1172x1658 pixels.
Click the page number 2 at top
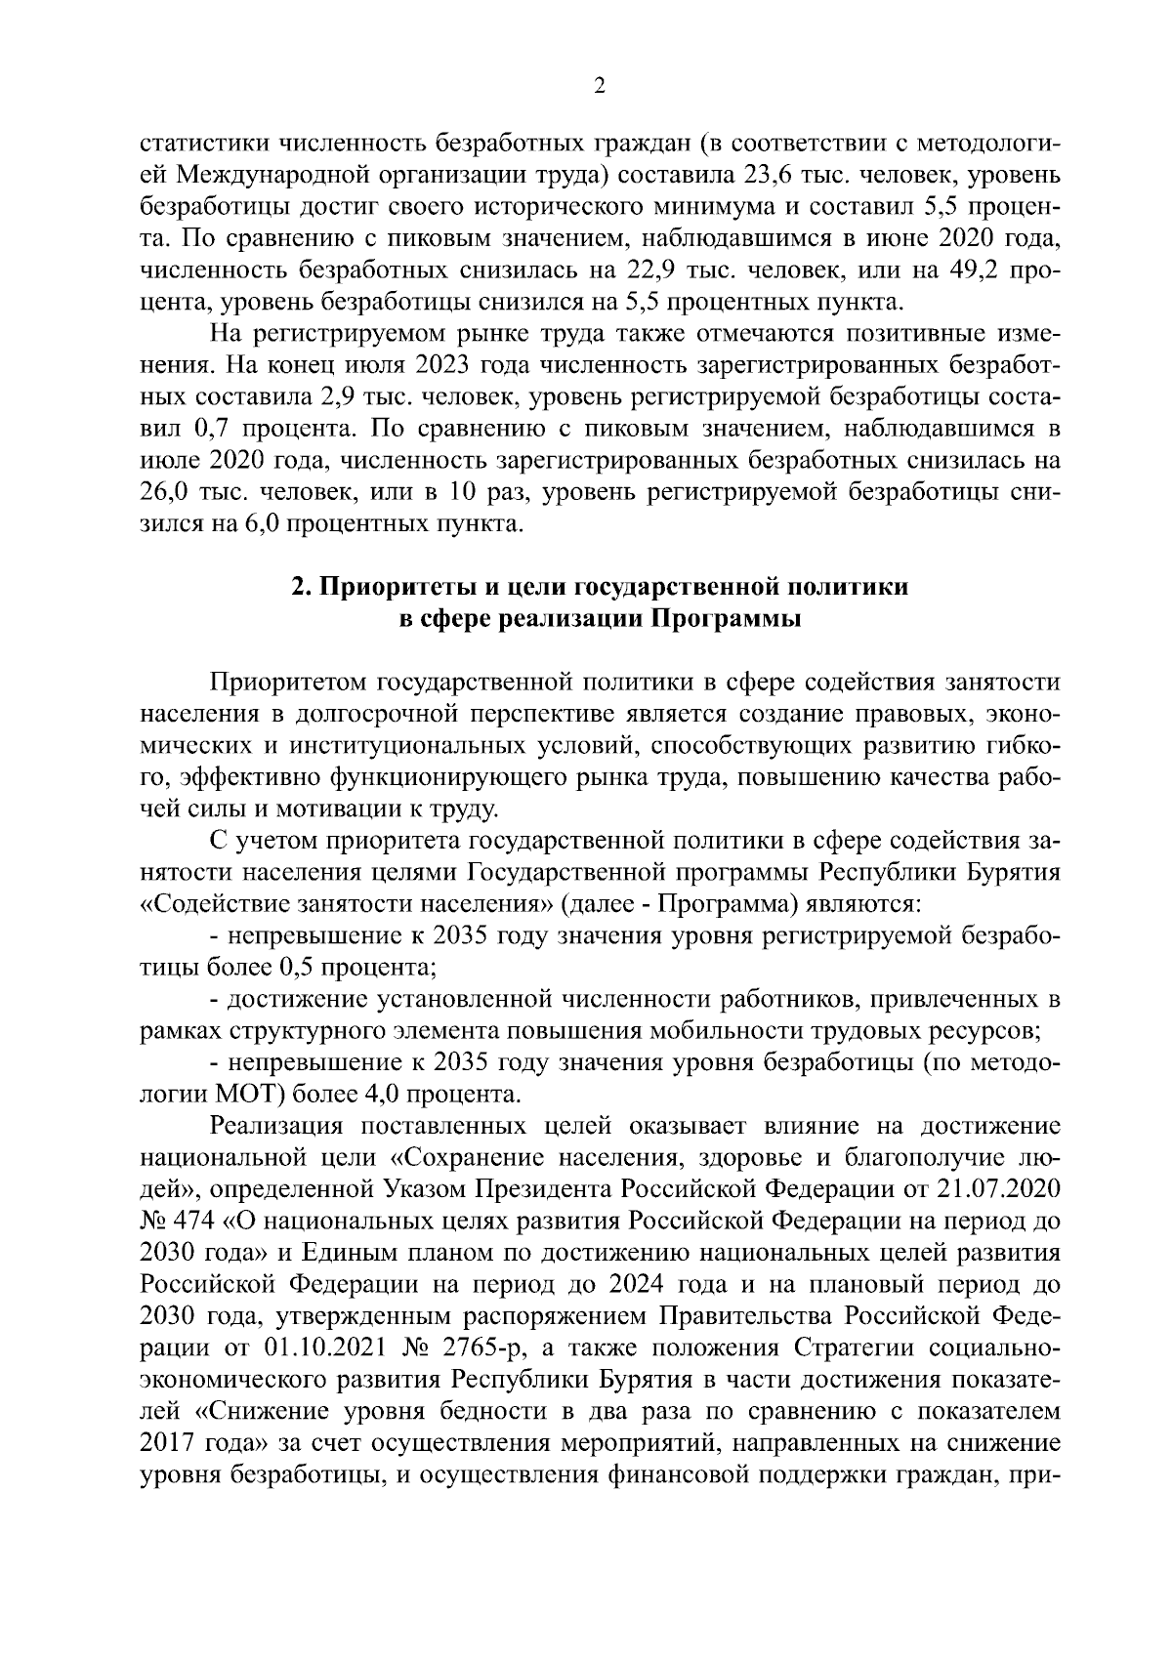[x=600, y=87]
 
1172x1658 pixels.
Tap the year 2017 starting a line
[x=169, y=1443]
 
